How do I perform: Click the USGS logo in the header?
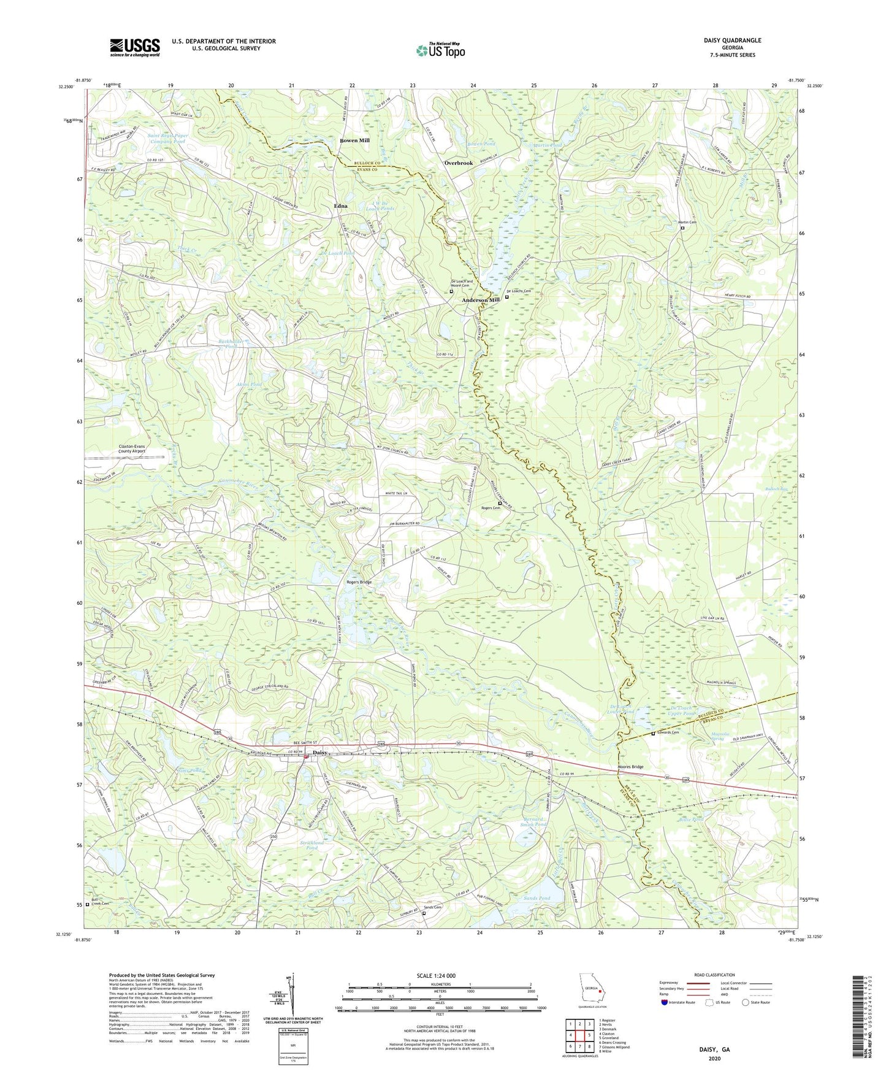pos(135,47)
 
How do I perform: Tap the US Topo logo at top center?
pos(440,50)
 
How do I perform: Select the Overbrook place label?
pos(459,163)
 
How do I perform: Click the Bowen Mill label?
pos(354,140)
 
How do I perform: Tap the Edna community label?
pos(340,206)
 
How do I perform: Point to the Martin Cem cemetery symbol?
pos(682,228)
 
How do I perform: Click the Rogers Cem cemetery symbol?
pos(500,504)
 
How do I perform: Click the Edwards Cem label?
pos(668,732)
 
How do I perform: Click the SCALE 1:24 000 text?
pos(439,976)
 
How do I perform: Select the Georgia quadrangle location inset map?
pos(592,990)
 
